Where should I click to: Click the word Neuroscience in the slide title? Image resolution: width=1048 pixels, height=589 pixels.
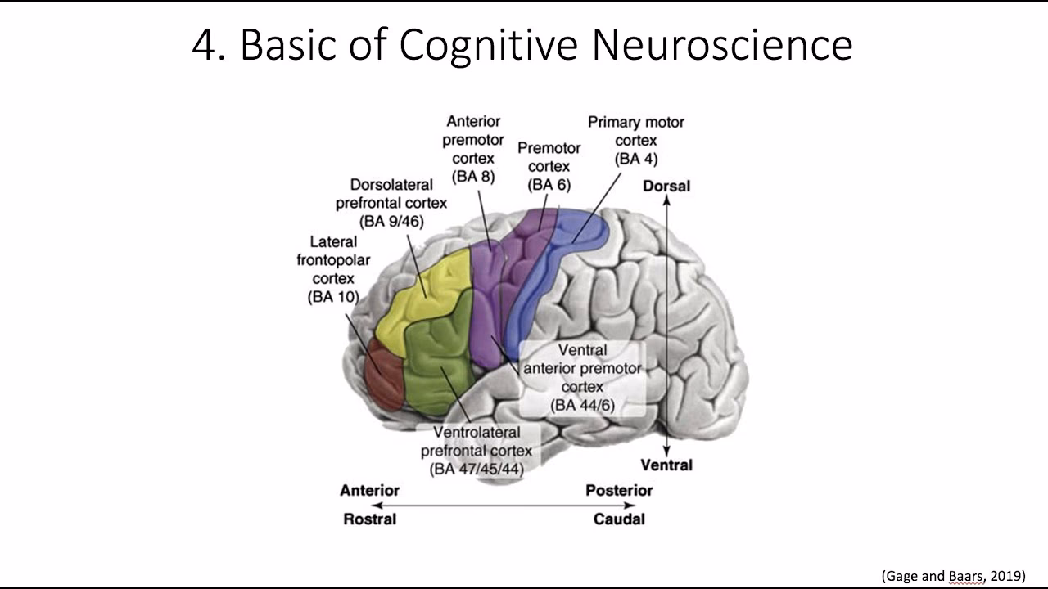721,45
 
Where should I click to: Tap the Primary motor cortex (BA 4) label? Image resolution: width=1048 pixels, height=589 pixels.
636,140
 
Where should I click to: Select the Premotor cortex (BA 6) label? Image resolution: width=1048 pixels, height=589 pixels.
549,166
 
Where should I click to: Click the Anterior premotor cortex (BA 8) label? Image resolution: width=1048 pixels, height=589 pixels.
473,148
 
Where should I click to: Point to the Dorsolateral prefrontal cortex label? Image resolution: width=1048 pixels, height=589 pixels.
391,203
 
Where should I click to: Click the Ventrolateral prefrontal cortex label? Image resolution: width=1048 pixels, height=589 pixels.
477,450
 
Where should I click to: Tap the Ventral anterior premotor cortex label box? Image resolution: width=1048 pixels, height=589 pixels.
583,377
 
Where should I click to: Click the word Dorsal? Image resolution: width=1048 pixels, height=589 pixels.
666,186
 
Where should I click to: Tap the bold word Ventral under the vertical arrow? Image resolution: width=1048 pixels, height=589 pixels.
666,465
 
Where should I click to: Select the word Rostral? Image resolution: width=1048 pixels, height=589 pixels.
369,519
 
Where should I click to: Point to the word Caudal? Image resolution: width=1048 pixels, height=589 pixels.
619,519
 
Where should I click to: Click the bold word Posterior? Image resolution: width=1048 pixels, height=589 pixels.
619,490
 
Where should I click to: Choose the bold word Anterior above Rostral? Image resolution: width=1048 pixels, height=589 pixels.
369,490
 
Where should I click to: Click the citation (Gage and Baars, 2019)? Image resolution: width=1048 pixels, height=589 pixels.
953,576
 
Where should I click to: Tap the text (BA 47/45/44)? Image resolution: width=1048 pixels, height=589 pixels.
477,469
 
